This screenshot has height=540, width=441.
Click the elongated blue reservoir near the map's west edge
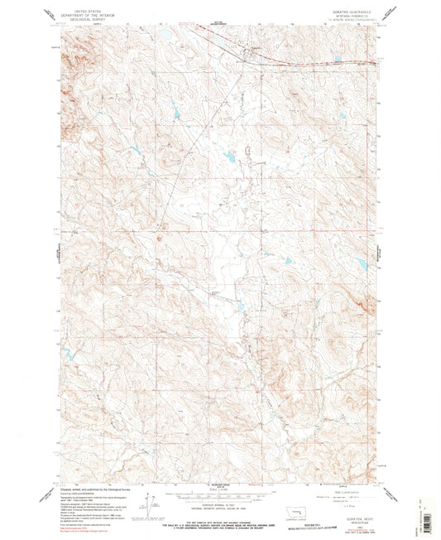[72, 354]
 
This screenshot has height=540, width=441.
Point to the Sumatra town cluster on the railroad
[237, 55]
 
